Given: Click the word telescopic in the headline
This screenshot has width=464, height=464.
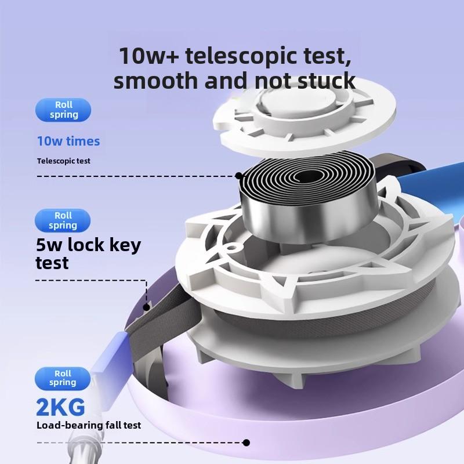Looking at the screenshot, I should [x=235, y=56].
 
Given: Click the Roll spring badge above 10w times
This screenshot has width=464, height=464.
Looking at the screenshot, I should [x=63, y=110].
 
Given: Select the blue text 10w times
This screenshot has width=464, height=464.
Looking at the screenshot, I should [x=68, y=141].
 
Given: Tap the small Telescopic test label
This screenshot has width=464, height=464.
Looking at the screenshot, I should [x=64, y=161].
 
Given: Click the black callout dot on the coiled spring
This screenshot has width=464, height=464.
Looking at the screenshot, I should [x=239, y=175].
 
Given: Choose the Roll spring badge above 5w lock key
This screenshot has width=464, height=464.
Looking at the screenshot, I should [x=63, y=220].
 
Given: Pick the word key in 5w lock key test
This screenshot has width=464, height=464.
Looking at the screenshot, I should [x=127, y=245].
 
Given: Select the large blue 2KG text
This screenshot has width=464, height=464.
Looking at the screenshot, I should [x=60, y=407].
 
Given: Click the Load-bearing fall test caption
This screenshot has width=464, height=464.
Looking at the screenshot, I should [x=89, y=425].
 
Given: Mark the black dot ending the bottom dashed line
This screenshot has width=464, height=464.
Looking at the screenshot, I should [x=246, y=443].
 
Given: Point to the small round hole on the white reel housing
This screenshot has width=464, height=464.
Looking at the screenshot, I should [x=231, y=248].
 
